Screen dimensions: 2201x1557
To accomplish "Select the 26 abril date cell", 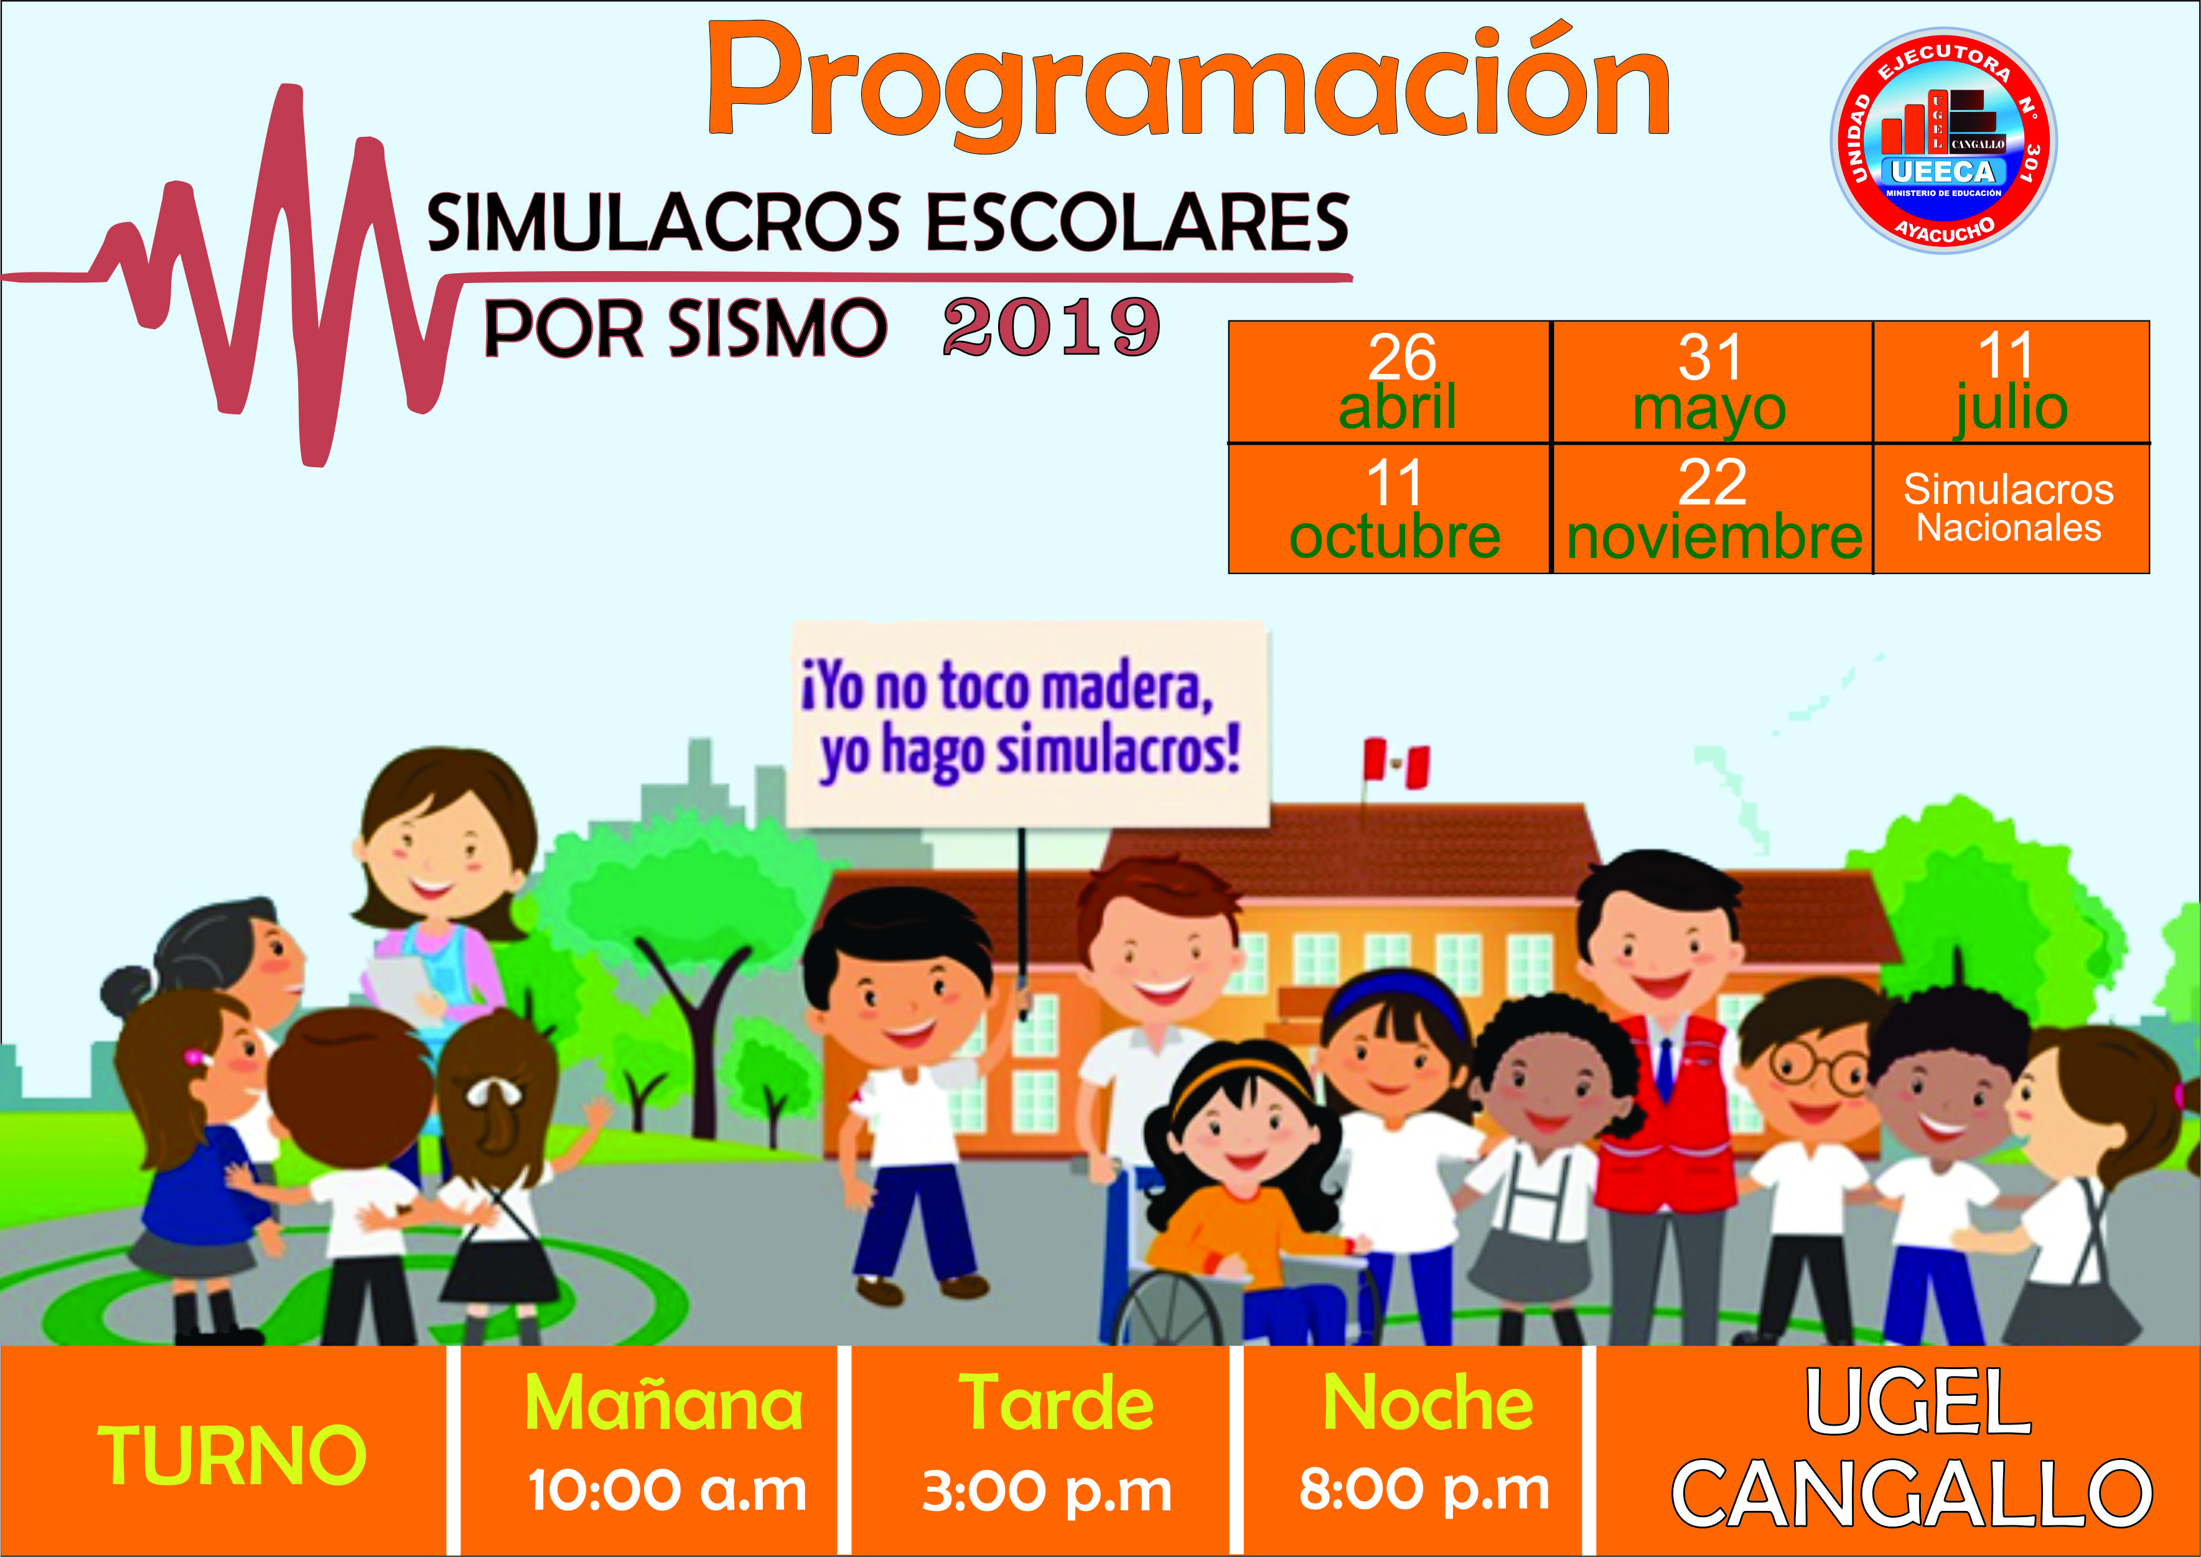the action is [1390, 383].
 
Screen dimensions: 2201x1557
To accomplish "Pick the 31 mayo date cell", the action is [1712, 383].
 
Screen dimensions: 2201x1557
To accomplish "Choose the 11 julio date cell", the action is [2011, 383].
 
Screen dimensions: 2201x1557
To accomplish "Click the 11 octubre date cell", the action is [1390, 509].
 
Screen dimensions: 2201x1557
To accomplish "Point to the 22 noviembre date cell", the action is [1712, 509].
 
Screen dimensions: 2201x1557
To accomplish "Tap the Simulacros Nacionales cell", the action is [2011, 509].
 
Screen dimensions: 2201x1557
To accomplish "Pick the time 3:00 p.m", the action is [1047, 1492].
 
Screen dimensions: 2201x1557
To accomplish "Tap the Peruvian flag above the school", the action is [1396, 764].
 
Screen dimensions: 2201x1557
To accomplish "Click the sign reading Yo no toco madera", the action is [1029, 724].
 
